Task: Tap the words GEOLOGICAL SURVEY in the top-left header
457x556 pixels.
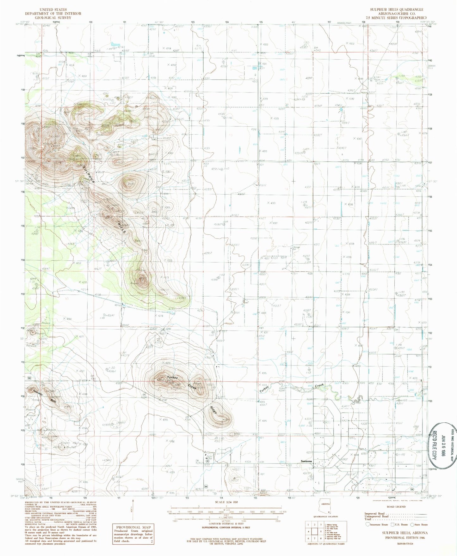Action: coord(53,18)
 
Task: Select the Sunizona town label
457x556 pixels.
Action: coord(306,461)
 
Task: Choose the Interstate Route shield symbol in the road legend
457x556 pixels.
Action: coord(368,524)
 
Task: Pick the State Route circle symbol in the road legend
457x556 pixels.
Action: coord(412,524)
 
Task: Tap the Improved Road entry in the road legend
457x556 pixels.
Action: coord(375,513)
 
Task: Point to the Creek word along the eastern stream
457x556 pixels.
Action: coord(319,386)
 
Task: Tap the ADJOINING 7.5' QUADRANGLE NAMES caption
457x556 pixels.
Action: coord(325,544)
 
